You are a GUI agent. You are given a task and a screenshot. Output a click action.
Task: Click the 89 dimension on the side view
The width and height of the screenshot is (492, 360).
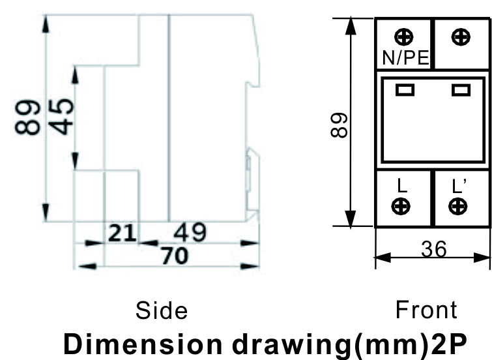pyautogui.click(x=27, y=117)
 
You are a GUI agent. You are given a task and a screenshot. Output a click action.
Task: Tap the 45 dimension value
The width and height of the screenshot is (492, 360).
pyautogui.click(x=61, y=117)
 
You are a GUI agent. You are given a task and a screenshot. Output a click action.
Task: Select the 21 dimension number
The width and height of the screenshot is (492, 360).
pyautogui.click(x=122, y=233)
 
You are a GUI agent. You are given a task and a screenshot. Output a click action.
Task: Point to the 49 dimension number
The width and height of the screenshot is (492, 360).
pyautogui.click(x=190, y=232)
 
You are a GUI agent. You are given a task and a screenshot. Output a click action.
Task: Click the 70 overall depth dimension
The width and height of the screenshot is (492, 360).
pyautogui.click(x=175, y=256)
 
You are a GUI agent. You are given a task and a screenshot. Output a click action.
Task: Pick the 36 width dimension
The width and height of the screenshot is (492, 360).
pyautogui.click(x=433, y=249)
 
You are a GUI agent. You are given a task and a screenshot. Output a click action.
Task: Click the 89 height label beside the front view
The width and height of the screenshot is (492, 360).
pyautogui.click(x=340, y=125)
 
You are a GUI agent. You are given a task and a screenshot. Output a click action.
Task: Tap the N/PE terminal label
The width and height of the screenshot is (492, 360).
pyautogui.click(x=406, y=58)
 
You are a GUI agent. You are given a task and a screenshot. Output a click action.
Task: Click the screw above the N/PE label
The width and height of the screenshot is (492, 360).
pyautogui.click(x=404, y=37)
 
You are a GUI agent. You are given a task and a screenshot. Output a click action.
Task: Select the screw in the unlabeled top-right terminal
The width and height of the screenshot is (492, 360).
pyautogui.click(x=461, y=37)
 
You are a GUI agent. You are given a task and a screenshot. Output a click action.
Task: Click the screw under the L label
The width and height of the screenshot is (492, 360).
pyautogui.click(x=401, y=206)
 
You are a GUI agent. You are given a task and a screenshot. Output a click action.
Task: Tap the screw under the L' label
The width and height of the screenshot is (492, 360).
pyautogui.click(x=458, y=206)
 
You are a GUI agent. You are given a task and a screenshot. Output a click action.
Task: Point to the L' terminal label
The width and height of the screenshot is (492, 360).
pyautogui.click(x=459, y=186)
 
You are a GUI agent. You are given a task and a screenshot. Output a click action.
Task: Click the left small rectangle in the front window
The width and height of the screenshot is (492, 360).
pyautogui.click(x=405, y=90)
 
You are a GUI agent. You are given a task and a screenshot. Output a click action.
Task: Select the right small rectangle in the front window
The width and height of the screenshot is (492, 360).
pyautogui.click(x=461, y=90)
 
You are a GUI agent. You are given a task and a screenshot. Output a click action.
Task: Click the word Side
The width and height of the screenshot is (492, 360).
pyautogui.click(x=162, y=310)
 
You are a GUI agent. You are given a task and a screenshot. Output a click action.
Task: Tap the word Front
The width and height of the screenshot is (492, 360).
pyautogui.click(x=426, y=310)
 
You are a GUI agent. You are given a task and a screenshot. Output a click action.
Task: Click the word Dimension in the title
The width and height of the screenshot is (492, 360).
pyautogui.click(x=143, y=344)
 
